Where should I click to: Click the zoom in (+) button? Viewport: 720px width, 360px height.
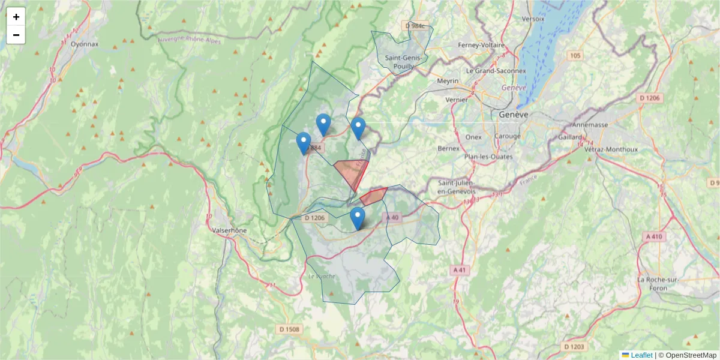(x=16, y=17)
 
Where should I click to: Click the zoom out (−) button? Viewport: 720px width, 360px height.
(x=16, y=35)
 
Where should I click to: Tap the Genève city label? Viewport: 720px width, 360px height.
(x=513, y=115)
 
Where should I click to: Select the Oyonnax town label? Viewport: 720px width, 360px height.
(x=84, y=44)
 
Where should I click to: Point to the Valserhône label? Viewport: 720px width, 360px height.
(x=229, y=230)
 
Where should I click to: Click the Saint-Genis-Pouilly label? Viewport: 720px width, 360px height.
(x=405, y=62)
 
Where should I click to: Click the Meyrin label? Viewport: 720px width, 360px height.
(x=448, y=81)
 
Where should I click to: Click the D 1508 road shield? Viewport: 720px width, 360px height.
(x=290, y=329)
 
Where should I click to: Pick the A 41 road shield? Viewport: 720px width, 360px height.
(x=460, y=270)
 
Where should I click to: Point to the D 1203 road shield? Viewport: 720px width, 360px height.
(x=574, y=347)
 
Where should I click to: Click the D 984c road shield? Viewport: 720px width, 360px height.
(x=415, y=26)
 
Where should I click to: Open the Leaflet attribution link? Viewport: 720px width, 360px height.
(x=641, y=355)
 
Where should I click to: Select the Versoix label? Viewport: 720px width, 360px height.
(x=533, y=19)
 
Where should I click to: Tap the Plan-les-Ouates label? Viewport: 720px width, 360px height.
(x=488, y=157)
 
